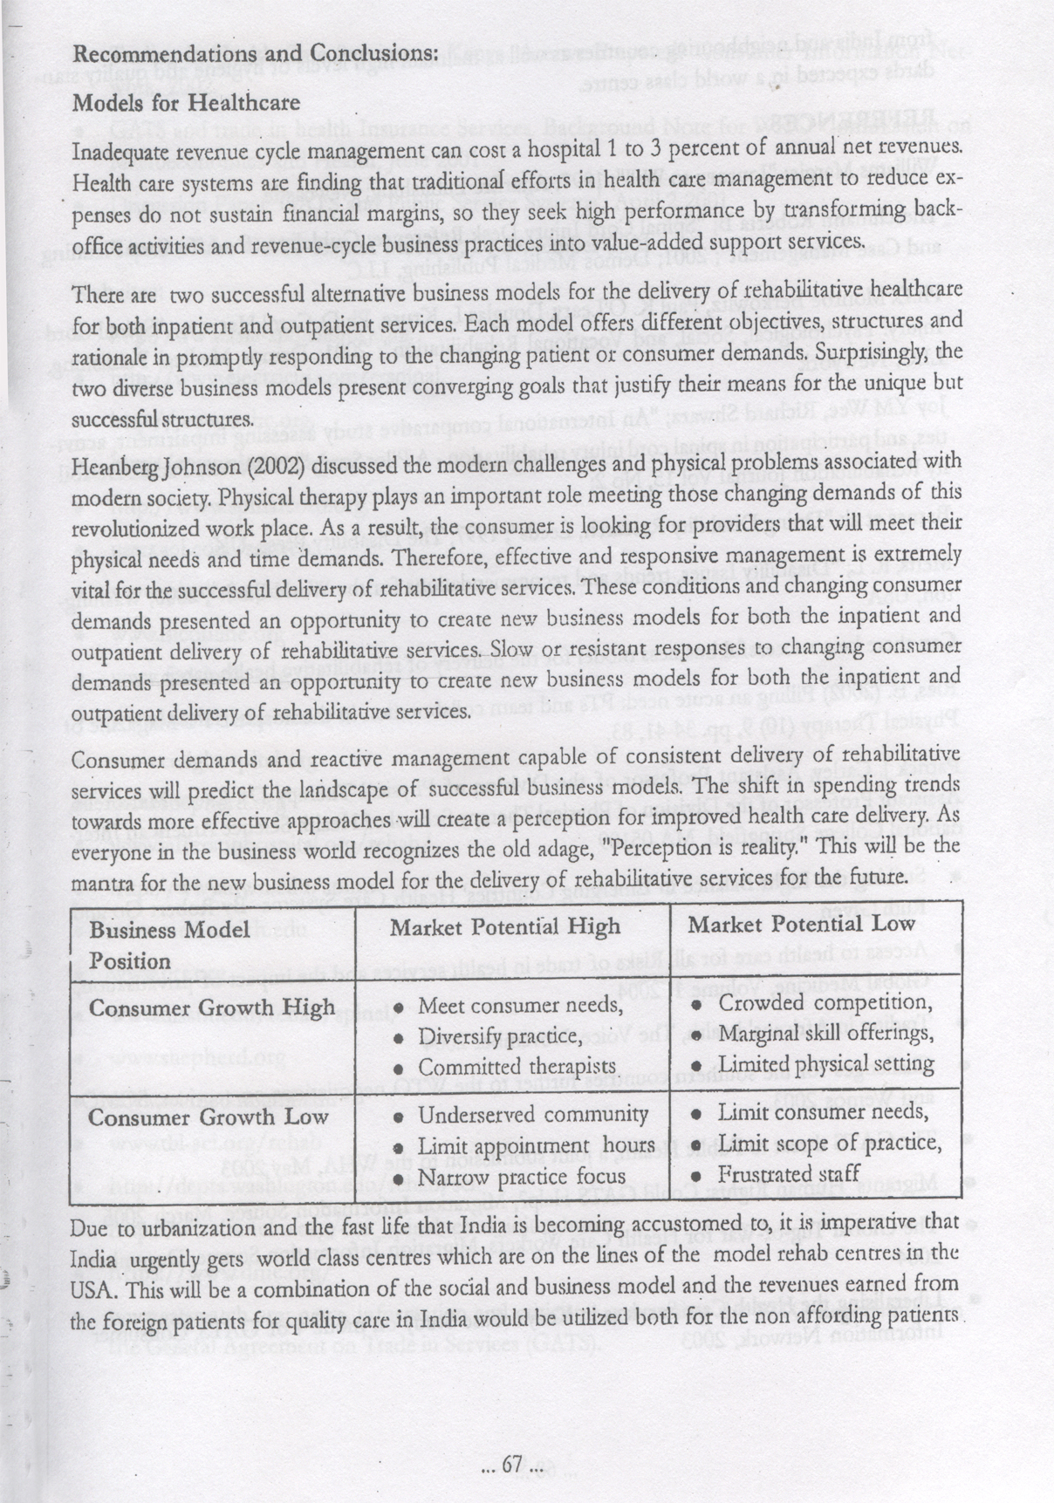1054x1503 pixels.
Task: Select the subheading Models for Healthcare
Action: (186, 102)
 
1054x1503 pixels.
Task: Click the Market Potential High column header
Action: (505, 926)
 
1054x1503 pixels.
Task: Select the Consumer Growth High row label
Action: (212, 1008)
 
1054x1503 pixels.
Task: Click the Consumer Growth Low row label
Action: (209, 1117)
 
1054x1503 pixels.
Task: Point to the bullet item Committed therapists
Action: (517, 1067)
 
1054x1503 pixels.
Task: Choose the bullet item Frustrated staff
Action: (790, 1173)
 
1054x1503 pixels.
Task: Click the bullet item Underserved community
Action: (533, 1115)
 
